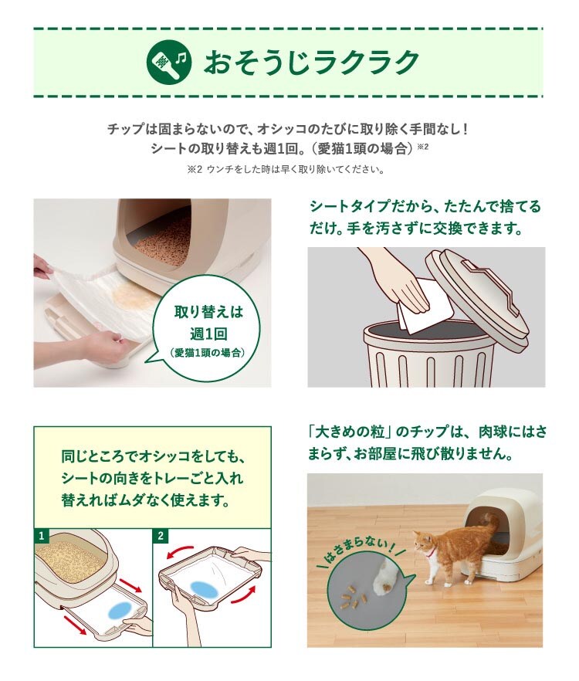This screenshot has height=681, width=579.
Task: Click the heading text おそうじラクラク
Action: click(311, 62)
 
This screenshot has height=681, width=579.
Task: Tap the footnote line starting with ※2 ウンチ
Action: click(286, 169)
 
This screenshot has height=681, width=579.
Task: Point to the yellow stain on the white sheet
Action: click(134, 294)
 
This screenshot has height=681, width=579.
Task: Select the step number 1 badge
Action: click(41, 536)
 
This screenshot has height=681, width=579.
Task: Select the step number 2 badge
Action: click(161, 536)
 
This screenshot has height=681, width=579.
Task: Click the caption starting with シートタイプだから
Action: click(425, 217)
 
